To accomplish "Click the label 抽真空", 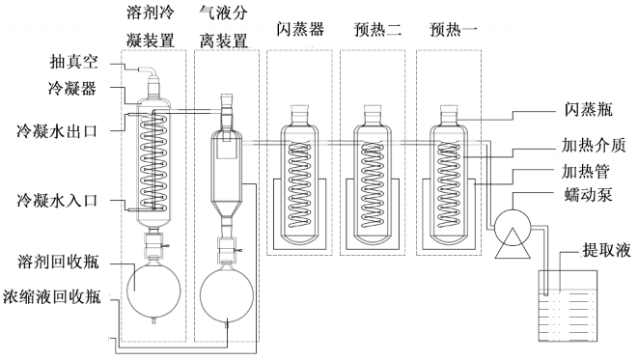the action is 74,62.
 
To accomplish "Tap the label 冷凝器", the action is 72,88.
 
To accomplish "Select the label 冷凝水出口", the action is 57,131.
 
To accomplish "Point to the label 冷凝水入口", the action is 57,200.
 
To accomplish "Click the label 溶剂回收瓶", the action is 59,262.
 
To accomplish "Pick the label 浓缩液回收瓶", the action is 52,296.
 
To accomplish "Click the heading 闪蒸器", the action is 300,29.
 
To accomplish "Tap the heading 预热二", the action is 377,29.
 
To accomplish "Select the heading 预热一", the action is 454,29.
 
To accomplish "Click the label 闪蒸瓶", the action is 589,109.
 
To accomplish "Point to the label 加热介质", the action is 594,145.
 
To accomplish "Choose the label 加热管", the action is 586,171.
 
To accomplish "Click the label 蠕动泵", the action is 589,194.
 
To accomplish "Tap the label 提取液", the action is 607,249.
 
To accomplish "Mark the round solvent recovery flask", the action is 153,291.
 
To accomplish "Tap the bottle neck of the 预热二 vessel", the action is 373,115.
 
